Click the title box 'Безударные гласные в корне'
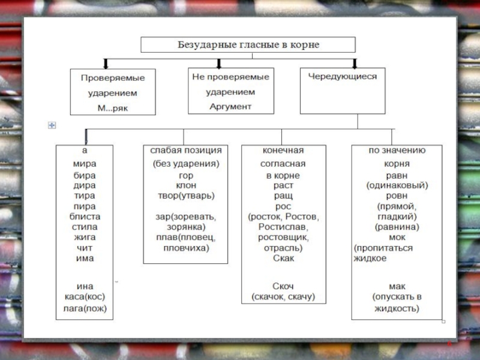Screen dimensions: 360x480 (248, 45)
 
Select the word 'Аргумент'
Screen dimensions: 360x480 (230, 106)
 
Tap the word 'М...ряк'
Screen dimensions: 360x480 (112, 109)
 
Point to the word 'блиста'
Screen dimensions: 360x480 (85, 216)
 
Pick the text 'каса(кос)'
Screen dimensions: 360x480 (85, 296)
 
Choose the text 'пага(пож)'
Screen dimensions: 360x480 (85, 308)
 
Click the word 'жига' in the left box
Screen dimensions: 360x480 (85, 237)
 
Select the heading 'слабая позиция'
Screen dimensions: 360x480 (186, 150)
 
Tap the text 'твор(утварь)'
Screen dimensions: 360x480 (186, 196)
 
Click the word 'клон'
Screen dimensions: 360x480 (186, 185)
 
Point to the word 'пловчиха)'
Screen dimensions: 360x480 (186, 247)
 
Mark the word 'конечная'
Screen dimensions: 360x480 (283, 150)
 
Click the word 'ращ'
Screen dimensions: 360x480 (283, 196)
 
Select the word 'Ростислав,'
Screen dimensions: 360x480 (283, 227)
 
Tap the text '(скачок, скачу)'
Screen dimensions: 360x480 (283, 296)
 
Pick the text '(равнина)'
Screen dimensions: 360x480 (397, 227)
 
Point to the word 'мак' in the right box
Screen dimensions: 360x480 (397, 286)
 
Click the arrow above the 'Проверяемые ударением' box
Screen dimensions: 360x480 (106, 64)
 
